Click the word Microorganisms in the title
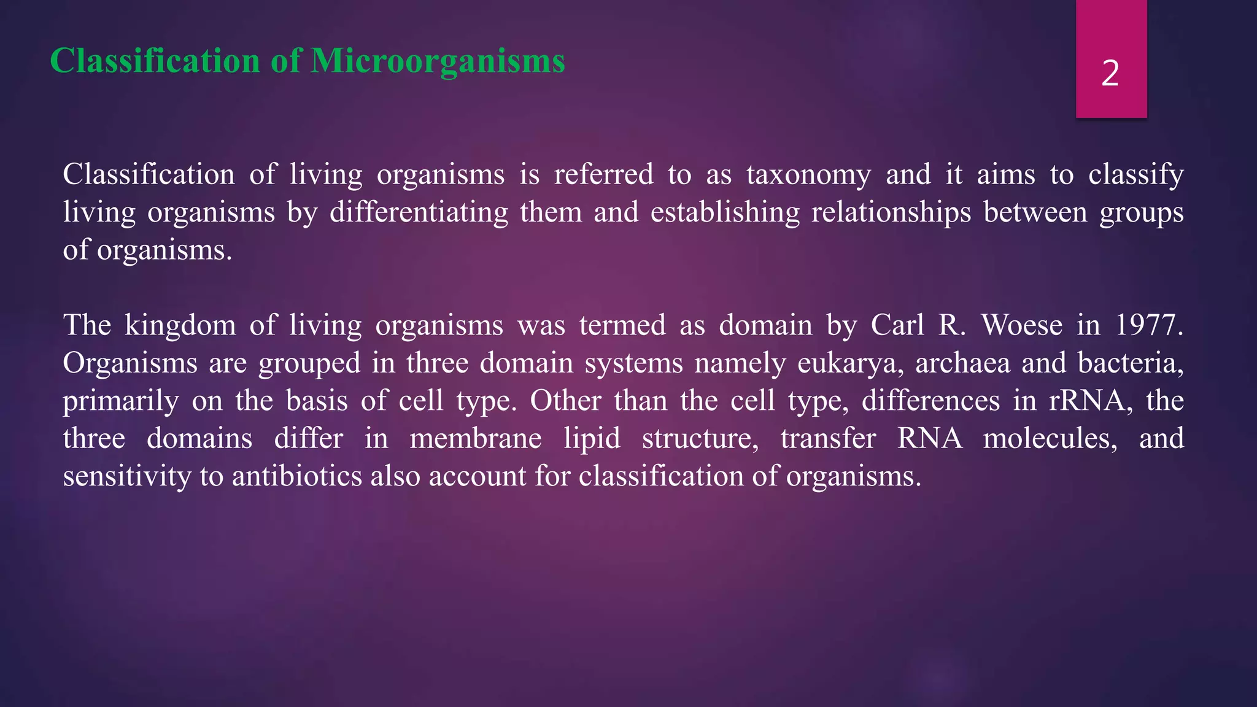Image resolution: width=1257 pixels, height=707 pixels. (x=438, y=61)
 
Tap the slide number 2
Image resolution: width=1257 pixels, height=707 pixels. (x=1110, y=74)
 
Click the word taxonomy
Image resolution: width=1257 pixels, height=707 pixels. (x=808, y=175)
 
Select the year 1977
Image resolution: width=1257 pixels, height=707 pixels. (x=1148, y=325)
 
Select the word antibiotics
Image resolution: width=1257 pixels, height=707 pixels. (x=297, y=476)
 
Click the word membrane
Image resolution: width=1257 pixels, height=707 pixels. (x=476, y=439)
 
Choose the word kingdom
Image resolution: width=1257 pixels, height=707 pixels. (x=180, y=325)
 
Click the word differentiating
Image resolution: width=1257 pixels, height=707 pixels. (x=419, y=213)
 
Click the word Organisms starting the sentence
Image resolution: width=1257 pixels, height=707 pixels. (x=130, y=363)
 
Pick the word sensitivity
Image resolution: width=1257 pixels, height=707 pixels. (x=127, y=476)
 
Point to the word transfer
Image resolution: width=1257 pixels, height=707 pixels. (x=828, y=439)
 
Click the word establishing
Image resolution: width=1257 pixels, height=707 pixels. (x=725, y=213)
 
